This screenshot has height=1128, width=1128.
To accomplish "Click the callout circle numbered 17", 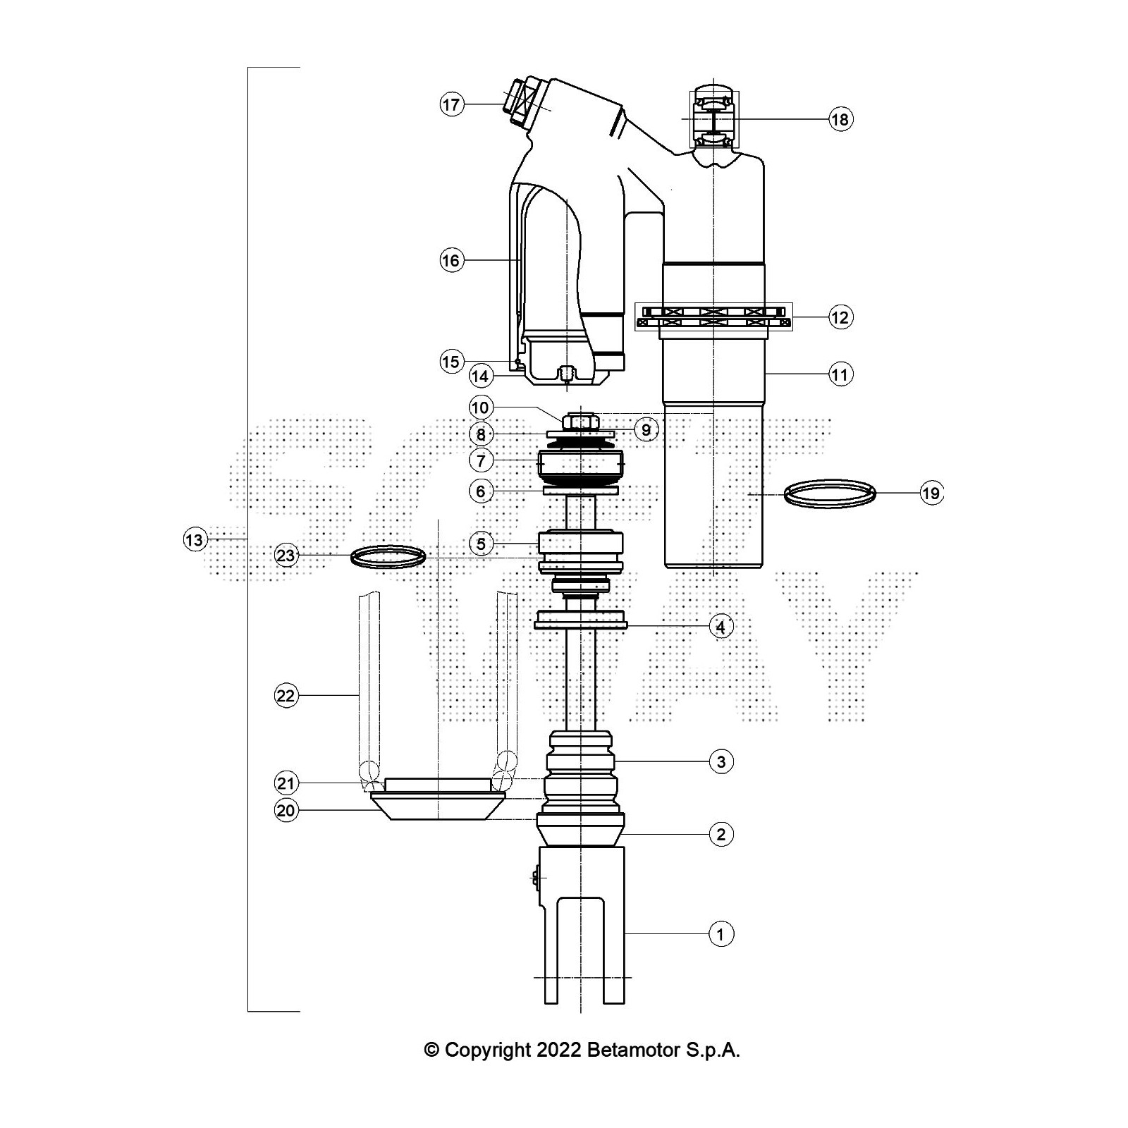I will pyautogui.click(x=451, y=105).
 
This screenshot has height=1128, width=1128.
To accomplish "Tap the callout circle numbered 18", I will pyautogui.click(x=840, y=119).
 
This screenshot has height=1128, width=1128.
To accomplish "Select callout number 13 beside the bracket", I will pyautogui.click(x=193, y=540).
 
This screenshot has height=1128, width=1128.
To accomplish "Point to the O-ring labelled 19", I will pyautogui.click(x=830, y=492).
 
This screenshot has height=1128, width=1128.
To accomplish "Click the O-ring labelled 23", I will pyautogui.click(x=388, y=556).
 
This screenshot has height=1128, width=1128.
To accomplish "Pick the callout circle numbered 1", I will pyautogui.click(x=721, y=935).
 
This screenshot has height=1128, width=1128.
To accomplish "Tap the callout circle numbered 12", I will pyautogui.click(x=840, y=317).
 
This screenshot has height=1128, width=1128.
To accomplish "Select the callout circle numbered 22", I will pyautogui.click(x=286, y=697).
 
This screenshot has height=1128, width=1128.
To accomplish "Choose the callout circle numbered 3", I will pyautogui.click(x=721, y=761).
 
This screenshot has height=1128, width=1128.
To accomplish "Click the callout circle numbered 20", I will pyautogui.click(x=286, y=811).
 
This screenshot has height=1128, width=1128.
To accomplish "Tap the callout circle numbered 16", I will pyautogui.click(x=450, y=261).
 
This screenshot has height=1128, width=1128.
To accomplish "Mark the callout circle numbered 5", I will pyautogui.click(x=481, y=544).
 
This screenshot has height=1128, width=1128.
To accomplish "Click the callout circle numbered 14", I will pyautogui.click(x=480, y=376).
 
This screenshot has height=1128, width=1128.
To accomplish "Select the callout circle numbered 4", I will pyautogui.click(x=721, y=626).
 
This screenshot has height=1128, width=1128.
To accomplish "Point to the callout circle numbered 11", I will pyautogui.click(x=840, y=374).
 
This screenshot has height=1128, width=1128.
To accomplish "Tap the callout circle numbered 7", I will pyautogui.click(x=481, y=461).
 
